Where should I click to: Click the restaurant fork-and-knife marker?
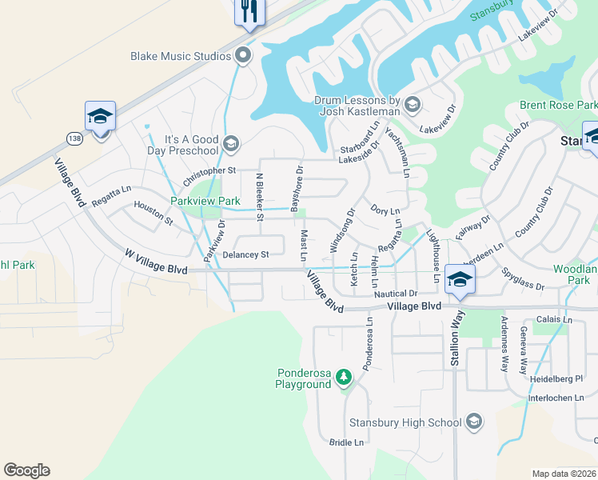(x=249, y=11)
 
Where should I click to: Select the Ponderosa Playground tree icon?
(x=344, y=376)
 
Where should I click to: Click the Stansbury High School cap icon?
(x=473, y=422)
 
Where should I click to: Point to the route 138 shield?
(x=73, y=137)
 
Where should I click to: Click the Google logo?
(x=26, y=470)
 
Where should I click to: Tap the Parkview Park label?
(x=205, y=201)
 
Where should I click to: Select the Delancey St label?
(x=243, y=254)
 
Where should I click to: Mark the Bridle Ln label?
(x=346, y=442)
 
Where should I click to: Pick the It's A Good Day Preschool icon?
(x=231, y=144)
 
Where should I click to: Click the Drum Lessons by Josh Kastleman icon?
(x=413, y=105)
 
